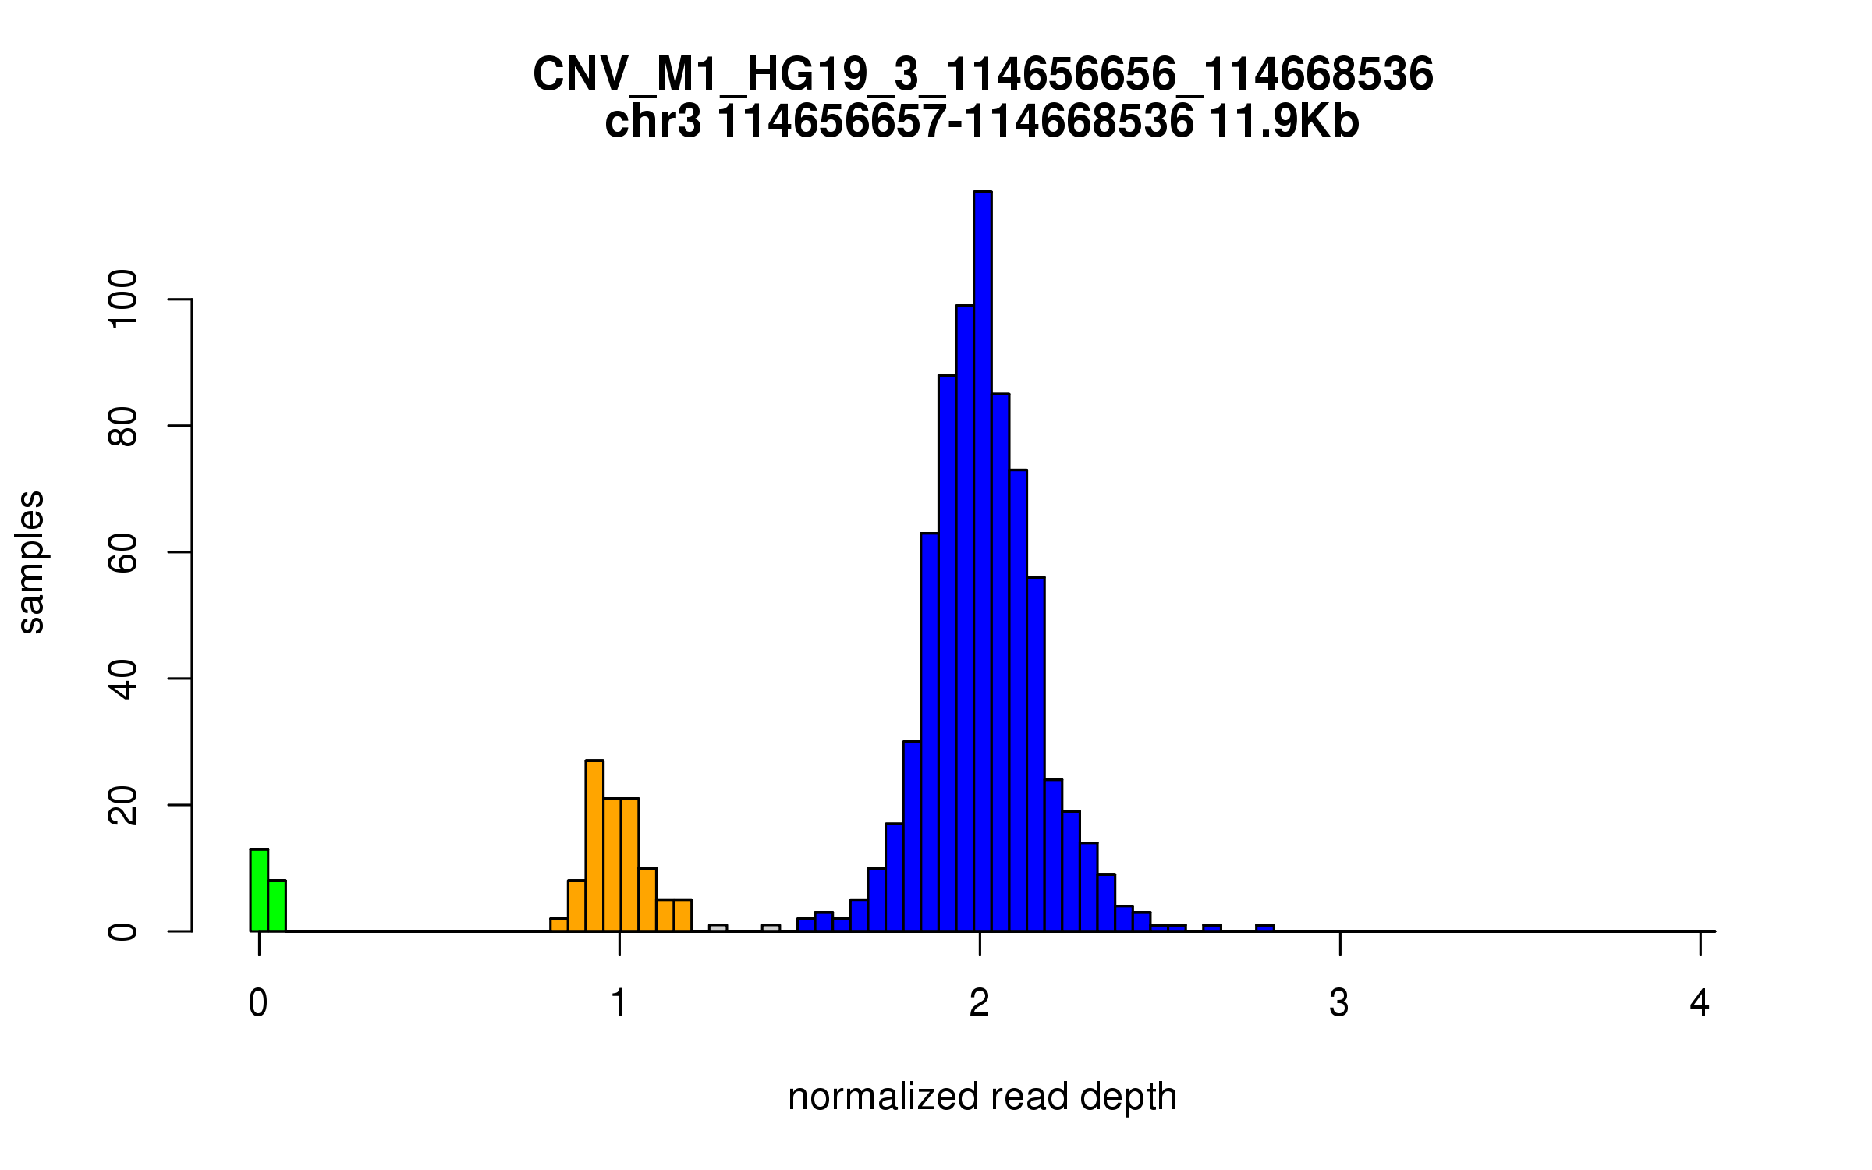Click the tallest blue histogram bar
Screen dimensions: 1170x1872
(982, 562)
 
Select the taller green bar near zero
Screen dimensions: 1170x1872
(259, 890)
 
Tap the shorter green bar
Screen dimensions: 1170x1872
(277, 906)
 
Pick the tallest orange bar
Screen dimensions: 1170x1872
(594, 846)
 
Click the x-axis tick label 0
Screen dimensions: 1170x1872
(258, 1004)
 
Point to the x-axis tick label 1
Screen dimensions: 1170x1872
(619, 1004)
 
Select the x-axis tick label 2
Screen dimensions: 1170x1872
(980, 1004)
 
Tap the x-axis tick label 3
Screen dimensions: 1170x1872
(1339, 1004)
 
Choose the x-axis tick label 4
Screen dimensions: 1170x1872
(1700, 1004)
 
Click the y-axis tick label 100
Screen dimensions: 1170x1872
(123, 300)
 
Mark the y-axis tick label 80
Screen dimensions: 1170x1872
(123, 426)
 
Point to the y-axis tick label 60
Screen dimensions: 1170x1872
(123, 552)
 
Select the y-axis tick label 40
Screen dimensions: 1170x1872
(123, 679)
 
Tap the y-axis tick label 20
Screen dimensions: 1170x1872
(123, 805)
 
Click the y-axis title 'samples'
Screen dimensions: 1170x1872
(31, 562)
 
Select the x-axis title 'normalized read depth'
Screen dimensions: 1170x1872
(982, 1097)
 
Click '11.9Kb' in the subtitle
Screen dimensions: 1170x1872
(1284, 122)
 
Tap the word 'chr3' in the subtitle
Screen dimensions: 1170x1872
(653, 122)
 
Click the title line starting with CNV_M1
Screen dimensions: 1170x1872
(982, 75)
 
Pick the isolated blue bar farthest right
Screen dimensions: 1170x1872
(1264, 927)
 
